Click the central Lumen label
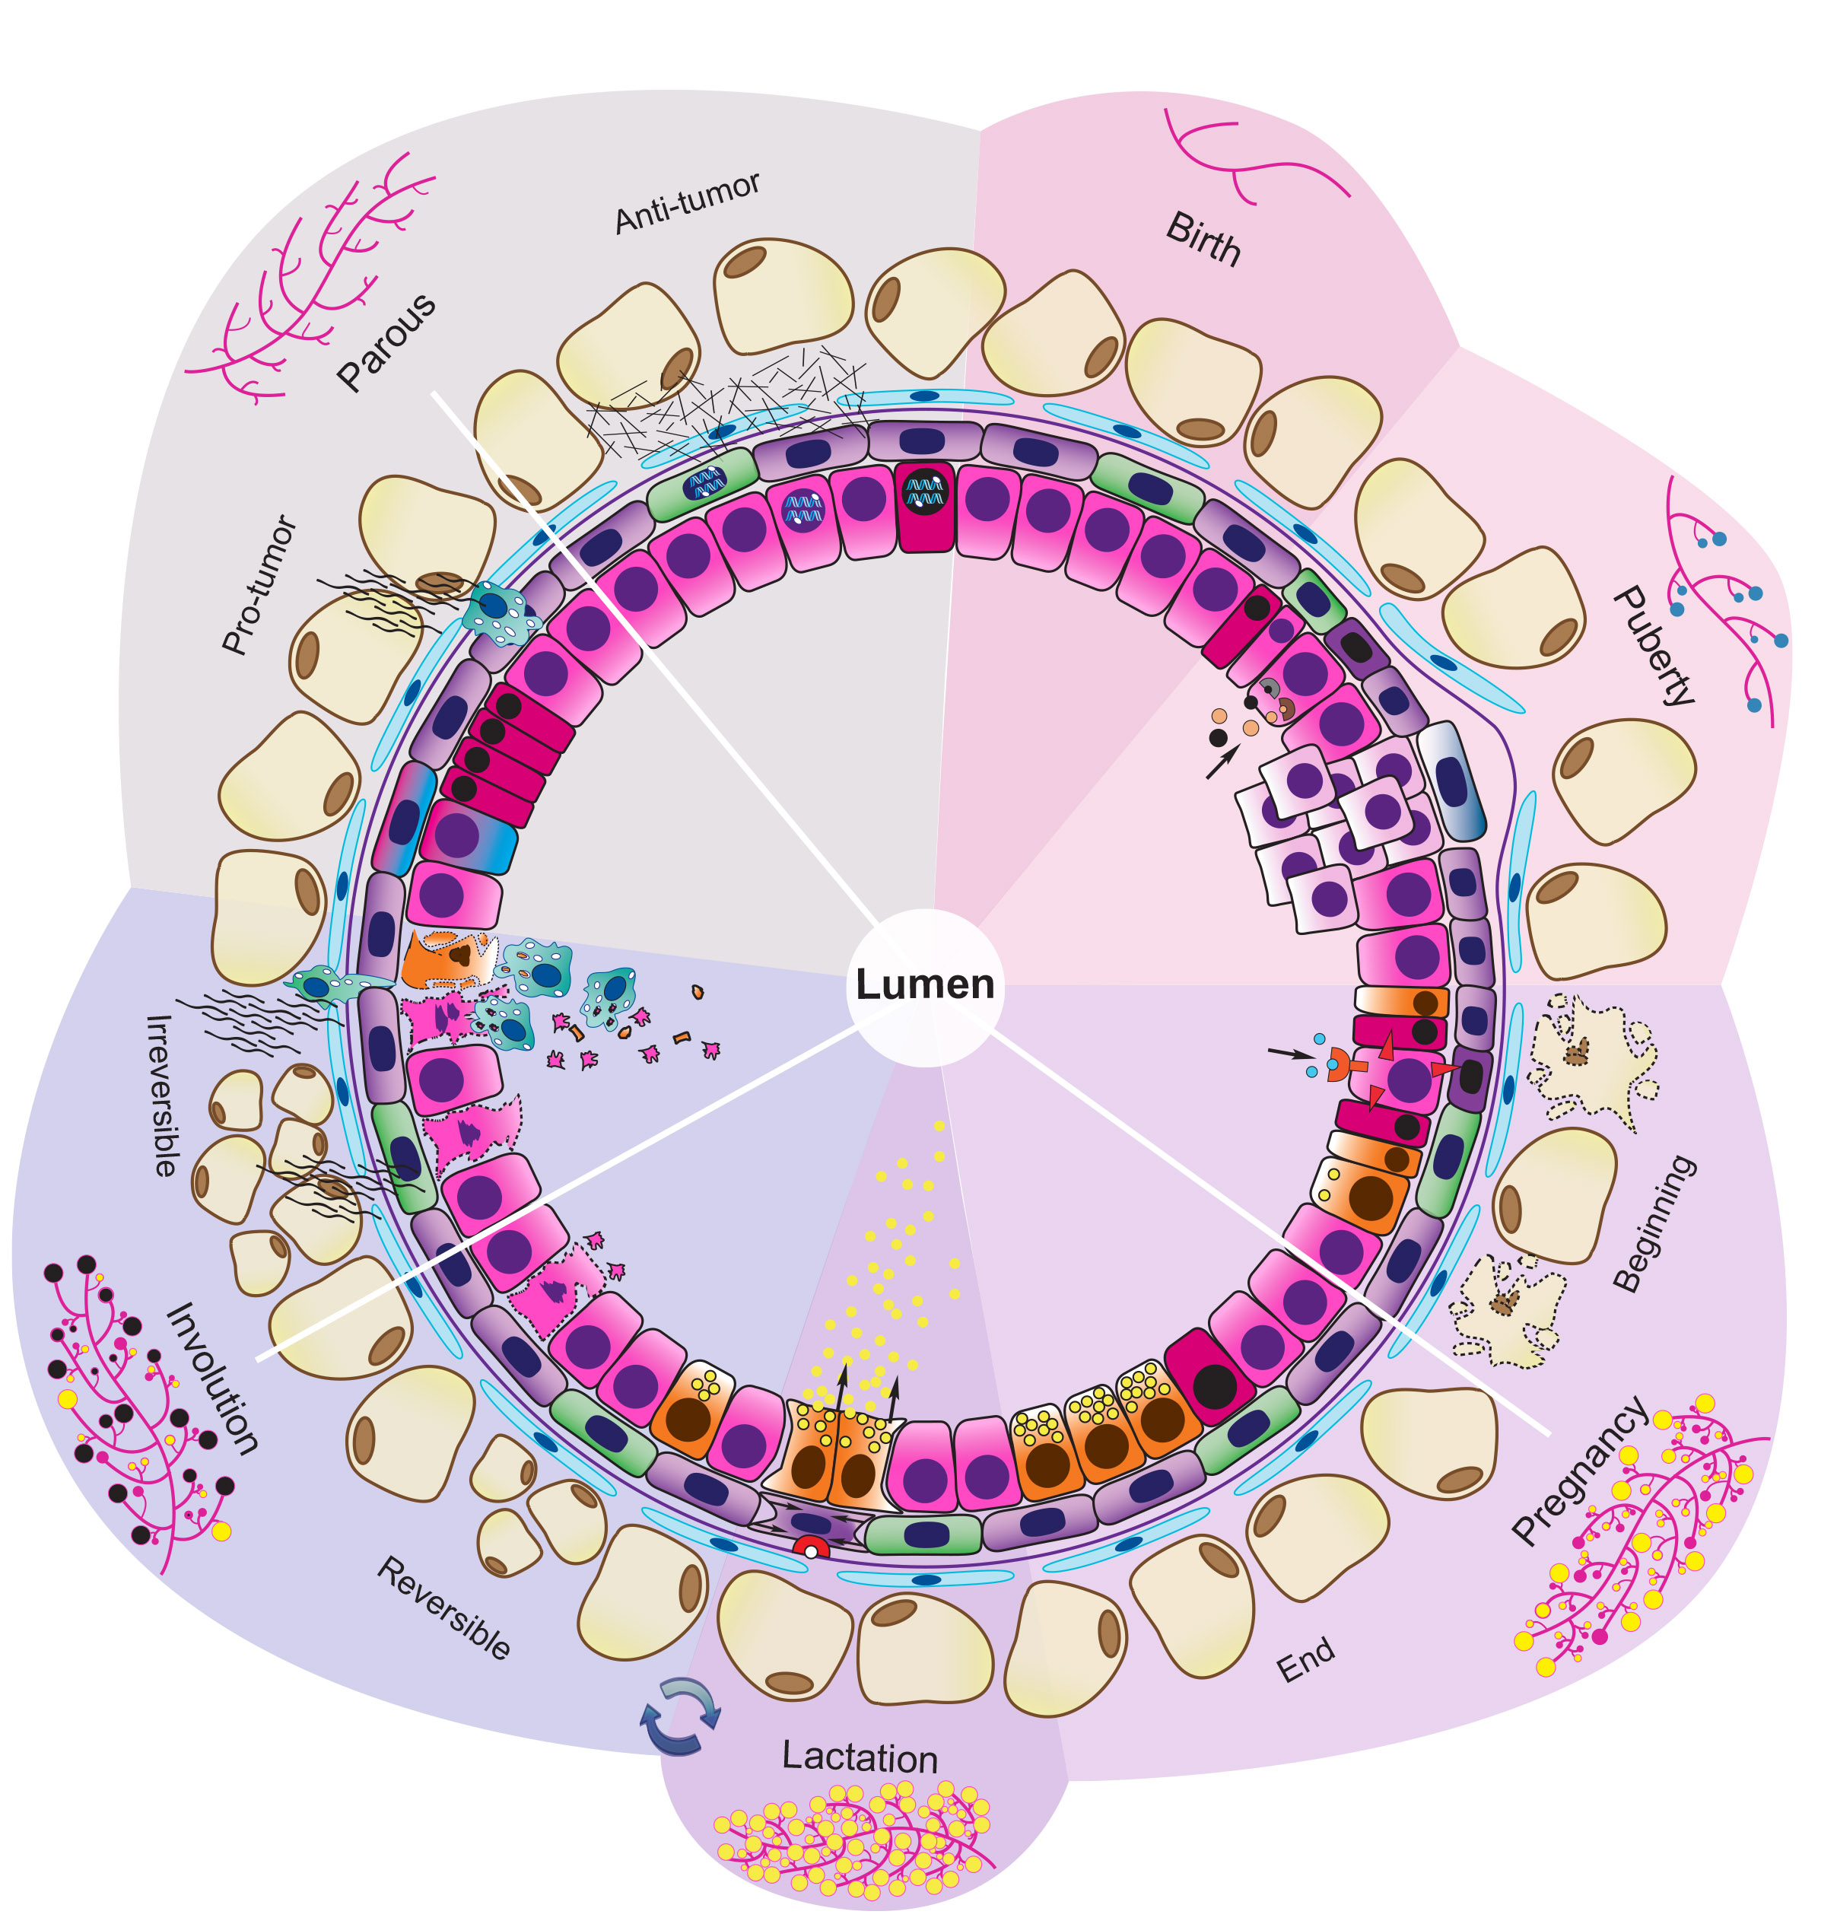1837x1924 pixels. point(924,984)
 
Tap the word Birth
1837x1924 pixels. point(1203,239)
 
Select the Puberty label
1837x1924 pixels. point(1654,646)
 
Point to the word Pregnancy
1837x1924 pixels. point(1578,1469)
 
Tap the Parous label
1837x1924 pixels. point(386,342)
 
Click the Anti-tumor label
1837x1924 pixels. point(688,204)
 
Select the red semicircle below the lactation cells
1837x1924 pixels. point(810,1547)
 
